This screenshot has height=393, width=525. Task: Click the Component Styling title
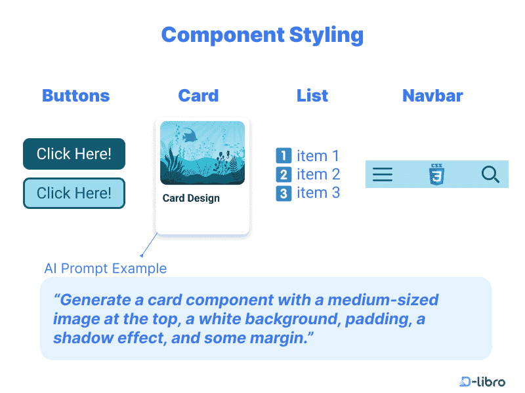point(262,35)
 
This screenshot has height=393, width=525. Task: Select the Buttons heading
point(75,96)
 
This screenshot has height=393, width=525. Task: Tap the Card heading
point(198,96)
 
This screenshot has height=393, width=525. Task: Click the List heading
point(312,96)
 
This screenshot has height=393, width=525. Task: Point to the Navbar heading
point(432,96)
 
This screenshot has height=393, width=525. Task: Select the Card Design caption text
point(191,198)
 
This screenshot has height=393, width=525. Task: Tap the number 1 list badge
point(283,156)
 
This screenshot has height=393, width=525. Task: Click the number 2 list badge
point(283,175)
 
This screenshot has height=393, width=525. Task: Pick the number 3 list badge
point(283,194)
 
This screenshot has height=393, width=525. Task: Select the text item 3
point(318,193)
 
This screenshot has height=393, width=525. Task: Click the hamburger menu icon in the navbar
point(383,174)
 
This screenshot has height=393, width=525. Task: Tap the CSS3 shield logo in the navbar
point(436,174)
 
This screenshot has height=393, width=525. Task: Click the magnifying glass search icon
point(490,174)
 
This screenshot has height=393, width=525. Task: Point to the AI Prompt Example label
point(105,269)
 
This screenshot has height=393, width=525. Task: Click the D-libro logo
point(482,381)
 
